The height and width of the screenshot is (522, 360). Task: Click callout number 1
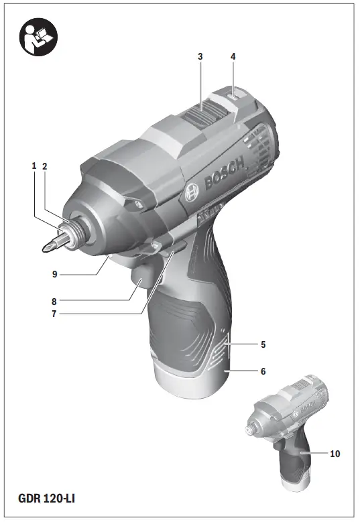(x=33, y=166)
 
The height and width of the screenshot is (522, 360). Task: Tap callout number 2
(x=45, y=166)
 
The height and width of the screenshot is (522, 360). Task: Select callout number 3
(x=200, y=57)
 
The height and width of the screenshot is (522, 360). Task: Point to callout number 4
(x=233, y=57)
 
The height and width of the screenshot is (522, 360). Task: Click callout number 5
(x=263, y=345)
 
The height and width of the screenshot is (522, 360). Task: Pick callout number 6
(x=263, y=370)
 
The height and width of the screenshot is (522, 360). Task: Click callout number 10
(x=335, y=454)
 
